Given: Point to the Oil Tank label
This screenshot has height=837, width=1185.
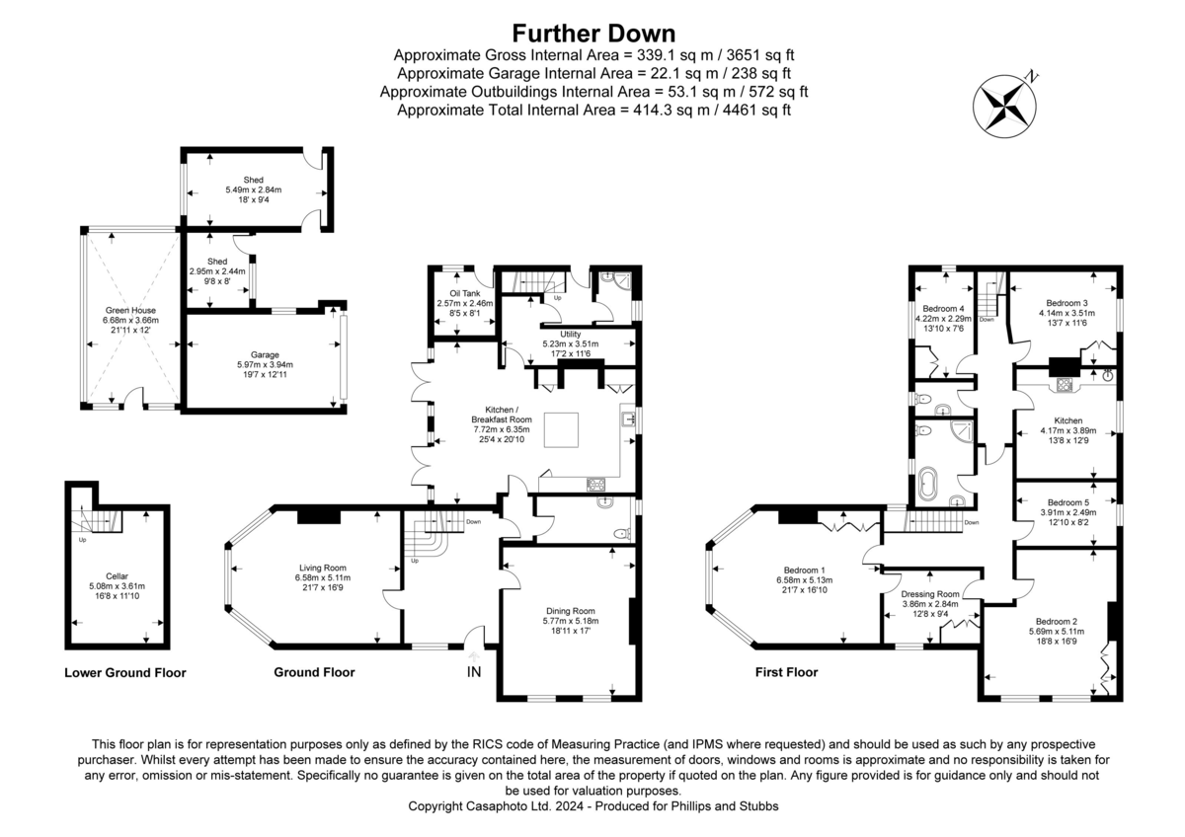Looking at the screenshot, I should tap(457, 294).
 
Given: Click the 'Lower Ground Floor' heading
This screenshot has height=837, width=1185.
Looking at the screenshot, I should tap(125, 673).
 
